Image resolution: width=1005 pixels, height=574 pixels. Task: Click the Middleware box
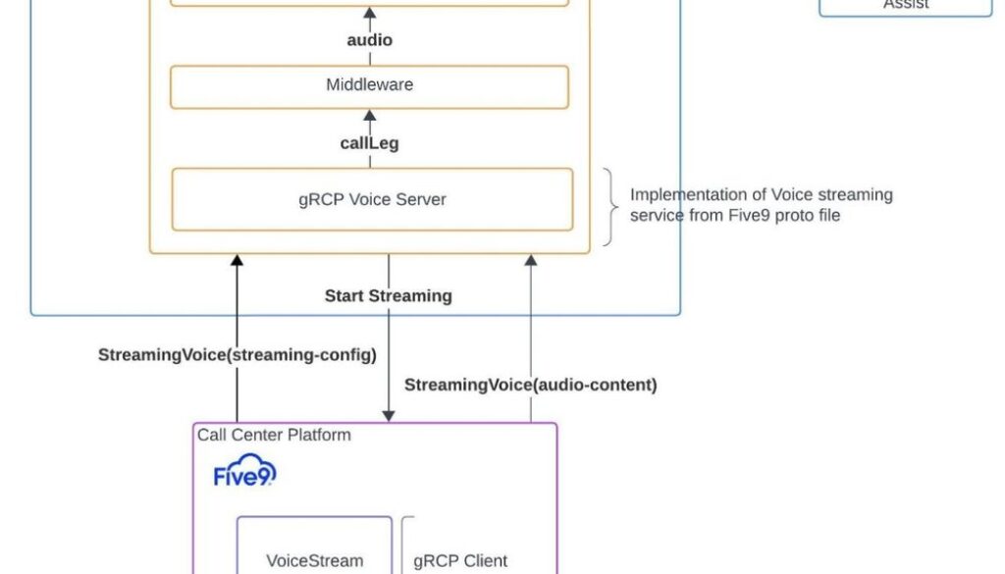[369, 86]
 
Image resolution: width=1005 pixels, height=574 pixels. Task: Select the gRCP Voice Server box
[372, 200]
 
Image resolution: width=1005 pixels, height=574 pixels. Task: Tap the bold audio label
[369, 40]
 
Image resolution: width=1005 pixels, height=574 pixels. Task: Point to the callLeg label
[369, 143]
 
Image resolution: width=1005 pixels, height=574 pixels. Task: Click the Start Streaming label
[389, 295]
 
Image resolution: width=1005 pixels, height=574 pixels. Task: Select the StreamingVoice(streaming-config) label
[237, 355]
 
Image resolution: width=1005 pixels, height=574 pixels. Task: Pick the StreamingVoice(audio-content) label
[531, 385]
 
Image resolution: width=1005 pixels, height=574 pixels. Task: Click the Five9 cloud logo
[244, 473]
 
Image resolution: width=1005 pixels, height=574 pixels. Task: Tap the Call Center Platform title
[274, 435]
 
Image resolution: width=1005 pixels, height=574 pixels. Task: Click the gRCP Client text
[460, 561]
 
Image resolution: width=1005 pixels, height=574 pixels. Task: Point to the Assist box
[905, 5]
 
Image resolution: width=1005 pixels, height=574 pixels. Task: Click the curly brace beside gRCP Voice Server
[610, 206]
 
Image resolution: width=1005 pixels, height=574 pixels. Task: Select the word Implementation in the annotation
[677, 194]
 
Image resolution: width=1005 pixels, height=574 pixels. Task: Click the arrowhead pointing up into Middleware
[369, 115]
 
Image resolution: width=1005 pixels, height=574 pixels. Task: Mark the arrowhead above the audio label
[369, 13]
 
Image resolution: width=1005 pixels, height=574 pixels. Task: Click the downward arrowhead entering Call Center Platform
[389, 416]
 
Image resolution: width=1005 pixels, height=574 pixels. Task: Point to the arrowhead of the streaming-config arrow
[237, 261]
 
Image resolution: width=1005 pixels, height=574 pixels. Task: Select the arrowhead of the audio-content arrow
[531, 261]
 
